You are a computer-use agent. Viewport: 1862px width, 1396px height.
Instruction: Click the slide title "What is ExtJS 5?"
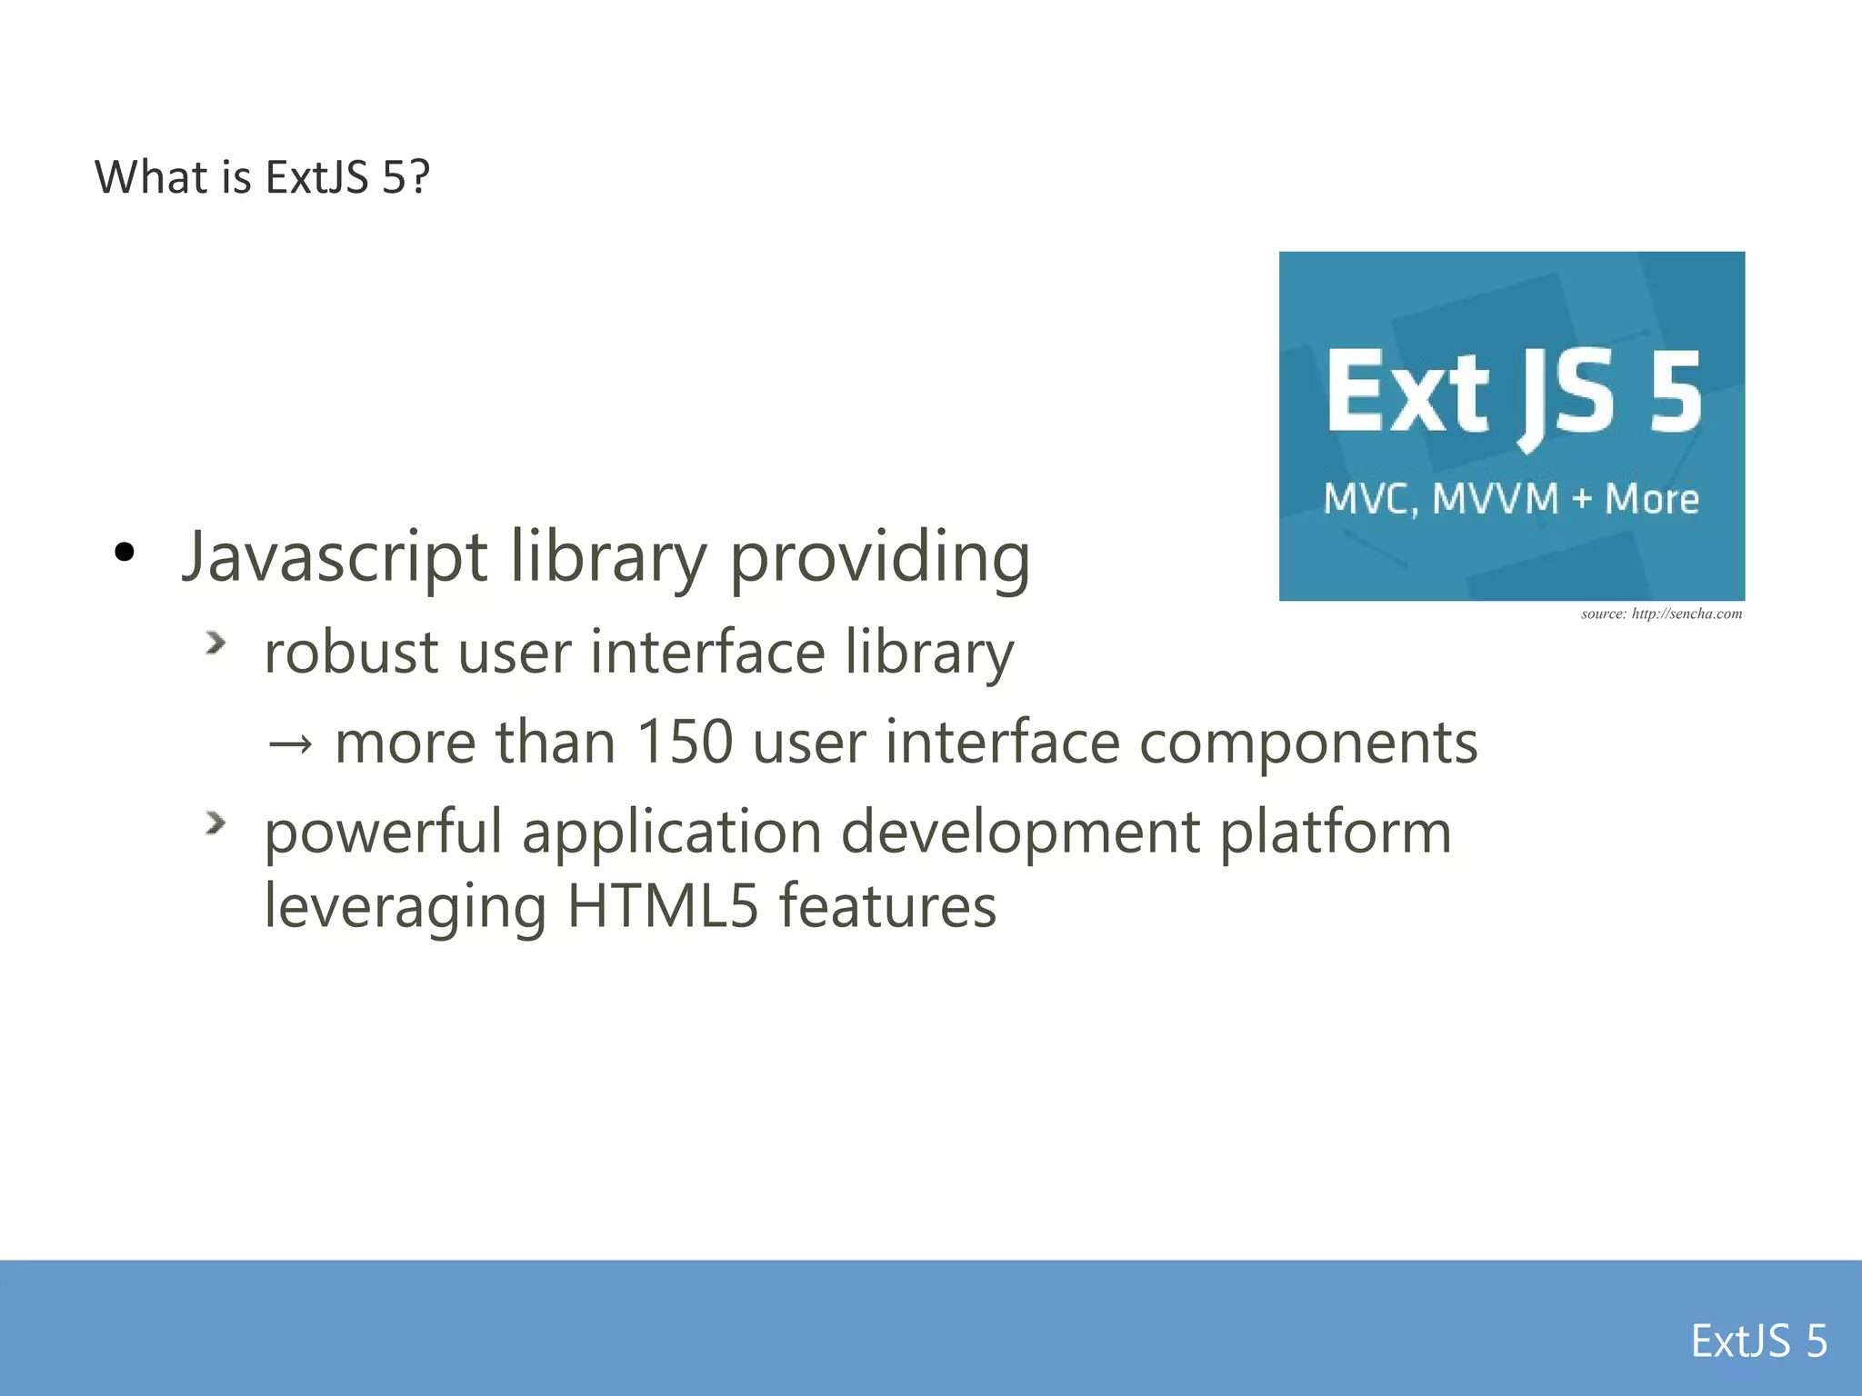262,176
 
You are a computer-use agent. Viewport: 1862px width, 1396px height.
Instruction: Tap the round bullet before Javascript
125,552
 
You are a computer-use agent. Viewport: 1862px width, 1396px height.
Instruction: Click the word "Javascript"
335,556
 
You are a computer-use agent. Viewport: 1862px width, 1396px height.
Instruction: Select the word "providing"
880,556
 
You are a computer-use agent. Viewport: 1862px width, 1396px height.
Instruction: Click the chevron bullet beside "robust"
215,643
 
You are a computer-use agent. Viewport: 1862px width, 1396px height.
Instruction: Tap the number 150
684,742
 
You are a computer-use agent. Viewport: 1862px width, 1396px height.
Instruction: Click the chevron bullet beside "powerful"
215,823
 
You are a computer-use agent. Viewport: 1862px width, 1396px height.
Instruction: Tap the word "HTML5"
662,906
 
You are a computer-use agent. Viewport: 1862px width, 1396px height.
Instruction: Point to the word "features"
887,906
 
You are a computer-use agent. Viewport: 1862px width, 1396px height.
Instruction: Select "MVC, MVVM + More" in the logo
1511,499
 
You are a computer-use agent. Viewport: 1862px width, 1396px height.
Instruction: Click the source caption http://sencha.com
1661,613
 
